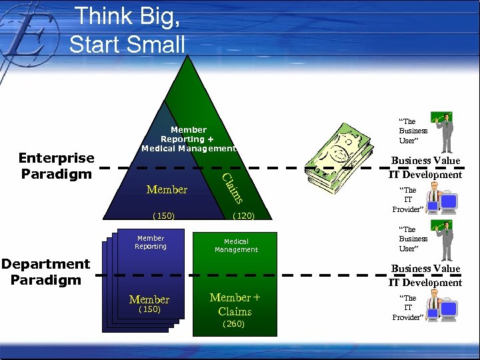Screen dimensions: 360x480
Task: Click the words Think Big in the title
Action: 127,17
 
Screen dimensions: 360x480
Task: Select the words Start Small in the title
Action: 127,44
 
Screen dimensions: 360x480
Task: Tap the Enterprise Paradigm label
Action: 56,166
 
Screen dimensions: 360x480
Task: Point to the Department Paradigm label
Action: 45,272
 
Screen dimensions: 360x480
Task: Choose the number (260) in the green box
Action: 234,324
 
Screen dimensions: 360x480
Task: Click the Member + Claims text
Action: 235,304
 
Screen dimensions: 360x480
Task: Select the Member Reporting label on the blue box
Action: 150,242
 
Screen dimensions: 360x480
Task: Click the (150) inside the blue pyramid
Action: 163,216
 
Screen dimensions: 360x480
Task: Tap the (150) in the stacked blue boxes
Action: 149,309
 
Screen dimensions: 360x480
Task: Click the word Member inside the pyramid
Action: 167,190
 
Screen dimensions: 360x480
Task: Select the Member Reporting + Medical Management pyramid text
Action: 189,139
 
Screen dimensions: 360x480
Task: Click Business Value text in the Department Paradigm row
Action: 425,269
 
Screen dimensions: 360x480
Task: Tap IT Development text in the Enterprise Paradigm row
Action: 425,175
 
